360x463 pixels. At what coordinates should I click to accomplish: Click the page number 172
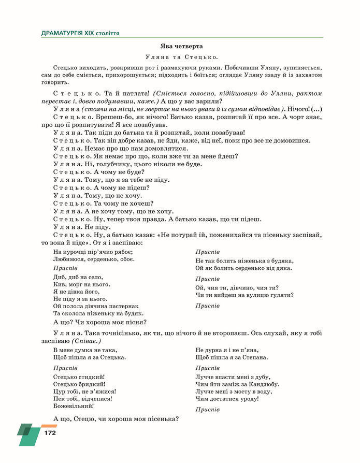pos(50,432)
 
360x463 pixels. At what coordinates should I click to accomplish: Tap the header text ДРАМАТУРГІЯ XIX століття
pos(80,33)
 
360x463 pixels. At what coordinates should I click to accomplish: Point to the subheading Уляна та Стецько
pos(181,57)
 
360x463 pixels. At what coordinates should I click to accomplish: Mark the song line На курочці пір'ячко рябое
pos(93,252)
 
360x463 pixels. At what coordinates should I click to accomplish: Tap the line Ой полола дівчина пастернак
pos(96,306)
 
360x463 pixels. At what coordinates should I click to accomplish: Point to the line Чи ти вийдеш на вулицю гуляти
pos(244,295)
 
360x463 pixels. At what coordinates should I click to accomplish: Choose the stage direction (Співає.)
pos(85,341)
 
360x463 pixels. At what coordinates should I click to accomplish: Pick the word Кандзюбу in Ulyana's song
pos(264,384)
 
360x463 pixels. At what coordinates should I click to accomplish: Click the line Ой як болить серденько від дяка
pos(243,268)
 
